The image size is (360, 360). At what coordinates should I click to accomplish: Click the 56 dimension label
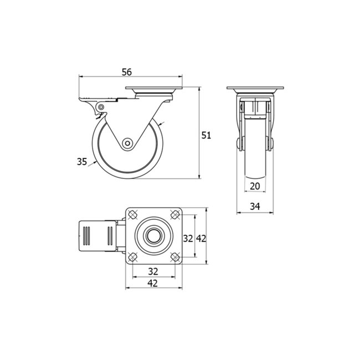click(126, 72)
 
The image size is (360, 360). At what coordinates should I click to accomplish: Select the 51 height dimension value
click(206, 135)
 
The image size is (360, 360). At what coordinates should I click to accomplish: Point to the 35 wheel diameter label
click(82, 162)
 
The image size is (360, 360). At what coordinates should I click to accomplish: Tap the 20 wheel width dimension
click(255, 186)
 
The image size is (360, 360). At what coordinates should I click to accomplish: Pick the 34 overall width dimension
click(255, 207)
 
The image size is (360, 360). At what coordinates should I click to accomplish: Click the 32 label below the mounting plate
click(153, 271)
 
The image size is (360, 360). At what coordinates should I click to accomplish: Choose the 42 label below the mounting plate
click(153, 283)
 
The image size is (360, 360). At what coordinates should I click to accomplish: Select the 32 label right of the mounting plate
click(188, 238)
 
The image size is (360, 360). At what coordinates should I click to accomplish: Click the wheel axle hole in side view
click(128, 143)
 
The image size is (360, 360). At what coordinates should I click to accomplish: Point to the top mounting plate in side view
click(154, 89)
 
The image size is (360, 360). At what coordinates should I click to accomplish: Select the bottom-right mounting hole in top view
click(174, 257)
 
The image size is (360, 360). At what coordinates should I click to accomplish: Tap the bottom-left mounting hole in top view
click(133, 257)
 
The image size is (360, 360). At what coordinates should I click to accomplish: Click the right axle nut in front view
click(271, 143)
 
